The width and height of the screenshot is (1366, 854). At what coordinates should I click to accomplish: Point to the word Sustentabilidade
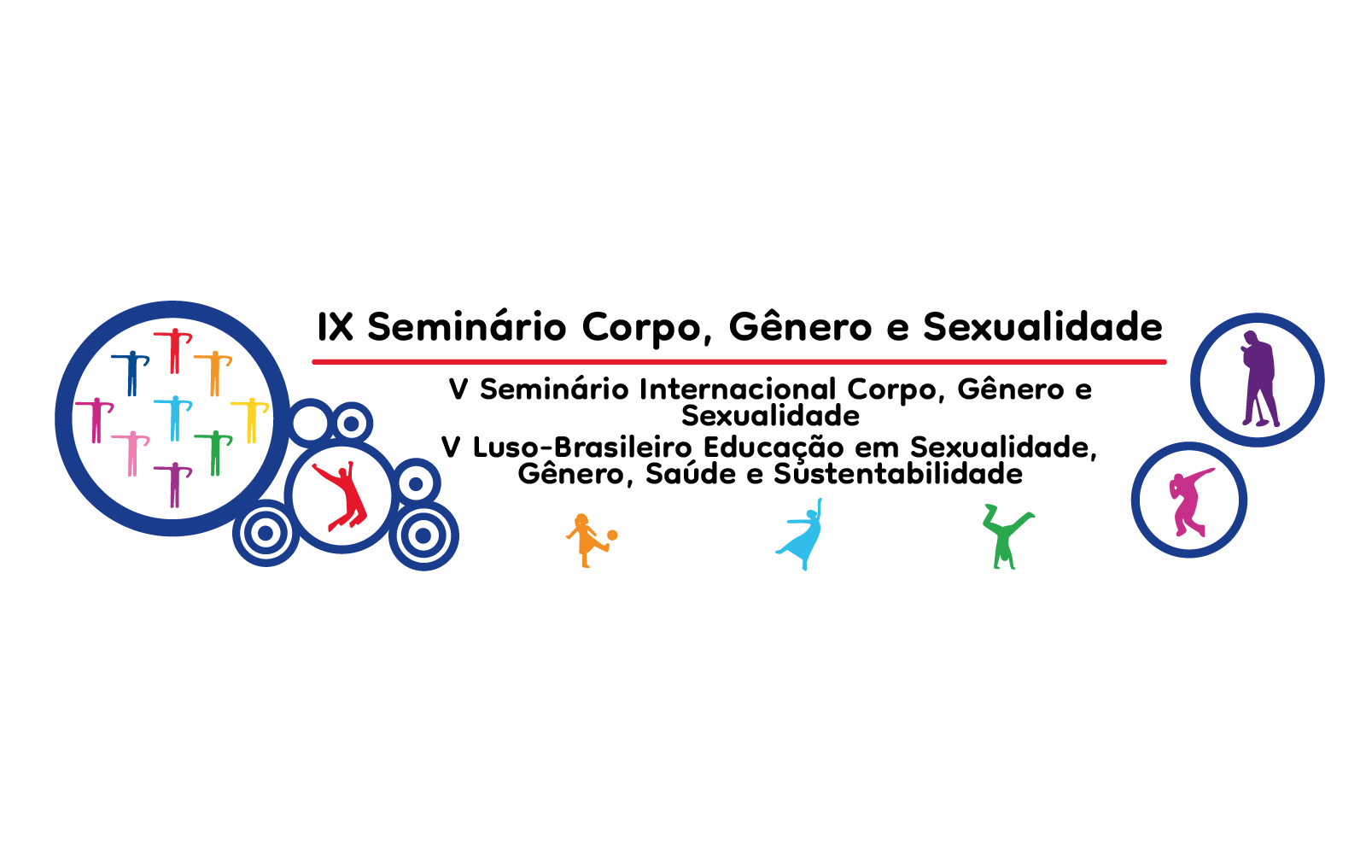(x=898, y=474)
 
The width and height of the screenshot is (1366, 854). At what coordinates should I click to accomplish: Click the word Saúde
(x=691, y=474)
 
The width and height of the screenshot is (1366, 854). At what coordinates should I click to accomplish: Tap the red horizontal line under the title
(x=739, y=362)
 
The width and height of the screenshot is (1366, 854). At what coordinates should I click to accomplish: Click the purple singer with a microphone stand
(x=1258, y=378)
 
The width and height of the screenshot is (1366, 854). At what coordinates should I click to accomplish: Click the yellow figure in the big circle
(x=250, y=419)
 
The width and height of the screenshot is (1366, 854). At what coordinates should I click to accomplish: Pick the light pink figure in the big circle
(x=131, y=453)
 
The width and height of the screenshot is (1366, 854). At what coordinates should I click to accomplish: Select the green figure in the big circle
(x=213, y=453)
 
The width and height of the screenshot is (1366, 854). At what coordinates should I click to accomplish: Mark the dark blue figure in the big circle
(x=131, y=372)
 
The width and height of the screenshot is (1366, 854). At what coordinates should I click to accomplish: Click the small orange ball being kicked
(x=612, y=535)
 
